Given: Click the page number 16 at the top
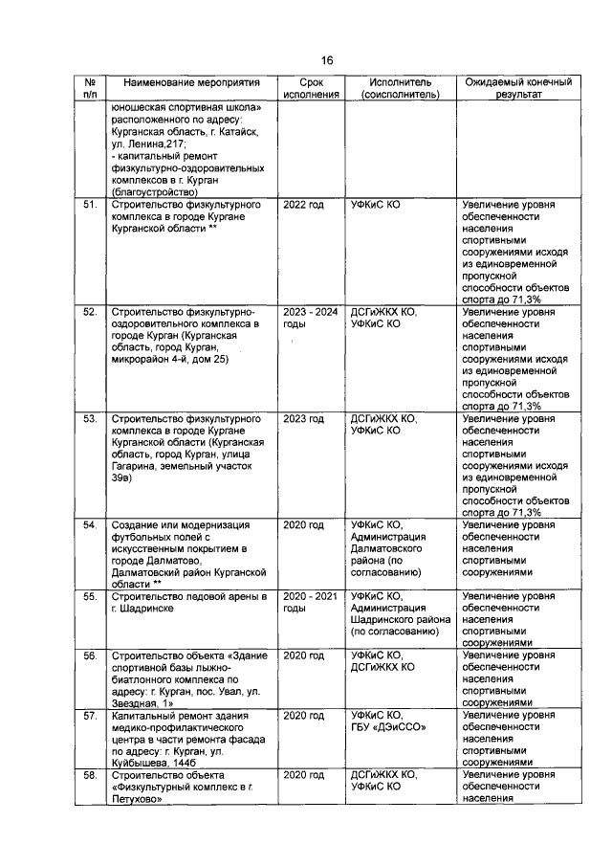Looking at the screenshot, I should (326, 60).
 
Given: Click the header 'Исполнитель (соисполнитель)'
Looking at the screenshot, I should (399, 90).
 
